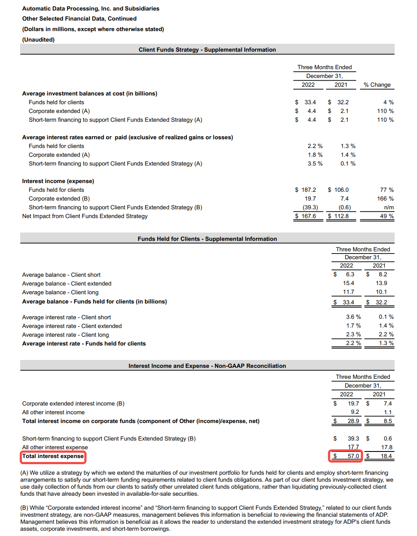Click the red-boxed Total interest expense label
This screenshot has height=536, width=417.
tap(53, 456)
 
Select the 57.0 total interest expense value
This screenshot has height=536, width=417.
tap(353, 456)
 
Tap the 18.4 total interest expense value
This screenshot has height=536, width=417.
tap(387, 456)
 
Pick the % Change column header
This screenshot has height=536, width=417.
tap(377, 85)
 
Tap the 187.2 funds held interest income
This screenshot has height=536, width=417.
tap(308, 190)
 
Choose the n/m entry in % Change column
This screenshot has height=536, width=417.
tap(389, 207)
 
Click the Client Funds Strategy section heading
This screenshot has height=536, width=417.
tap(207, 50)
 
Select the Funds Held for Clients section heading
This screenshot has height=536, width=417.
tap(207, 239)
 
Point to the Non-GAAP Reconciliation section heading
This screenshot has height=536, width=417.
tap(207, 366)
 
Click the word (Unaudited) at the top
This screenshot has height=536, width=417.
tap(38, 39)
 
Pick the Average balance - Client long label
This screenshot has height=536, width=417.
tap(60, 292)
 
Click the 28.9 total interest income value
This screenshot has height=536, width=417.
tap(353, 421)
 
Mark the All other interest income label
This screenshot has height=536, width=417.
tap(53, 412)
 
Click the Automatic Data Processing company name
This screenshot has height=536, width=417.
tap(91, 8)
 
